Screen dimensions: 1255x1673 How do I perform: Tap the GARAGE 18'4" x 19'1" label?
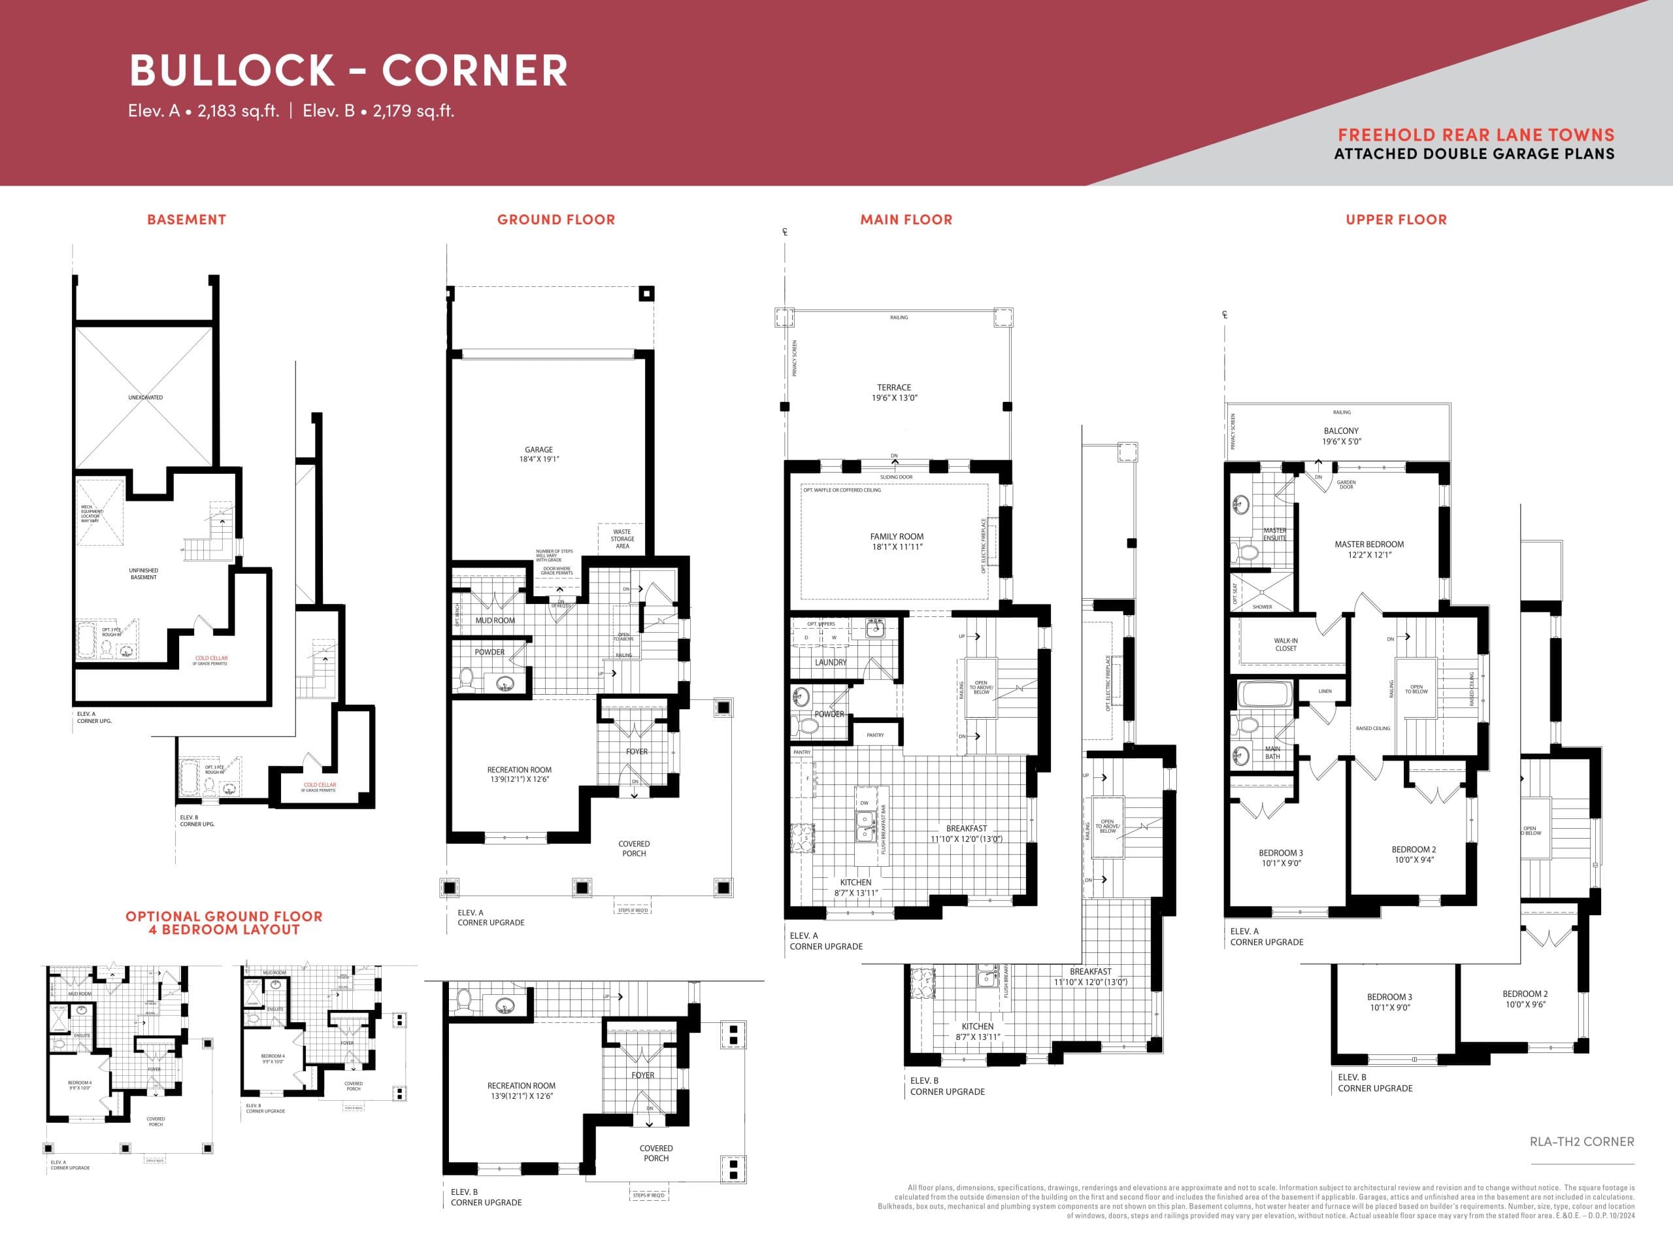click(x=538, y=454)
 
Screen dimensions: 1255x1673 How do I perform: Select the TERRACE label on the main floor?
click(x=894, y=392)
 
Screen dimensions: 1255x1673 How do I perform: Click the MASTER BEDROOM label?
click(x=1369, y=549)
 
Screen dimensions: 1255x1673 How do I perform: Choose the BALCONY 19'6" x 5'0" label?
click(x=1341, y=436)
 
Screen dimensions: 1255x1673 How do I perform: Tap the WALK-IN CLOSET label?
click(x=1285, y=644)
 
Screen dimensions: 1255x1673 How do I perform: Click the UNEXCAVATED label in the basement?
click(x=145, y=397)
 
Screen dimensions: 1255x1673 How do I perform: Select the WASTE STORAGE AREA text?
click(x=622, y=539)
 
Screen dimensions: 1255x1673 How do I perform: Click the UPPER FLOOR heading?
click(x=1395, y=220)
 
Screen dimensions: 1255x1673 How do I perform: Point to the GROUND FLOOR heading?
click(x=556, y=220)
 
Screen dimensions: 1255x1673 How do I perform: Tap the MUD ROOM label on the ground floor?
click(x=495, y=620)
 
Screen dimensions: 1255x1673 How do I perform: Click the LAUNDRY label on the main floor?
click(x=831, y=662)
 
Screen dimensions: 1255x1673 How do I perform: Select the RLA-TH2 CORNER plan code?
click(x=1582, y=1141)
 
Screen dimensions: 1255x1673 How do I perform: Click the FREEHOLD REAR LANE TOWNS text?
click(x=1476, y=135)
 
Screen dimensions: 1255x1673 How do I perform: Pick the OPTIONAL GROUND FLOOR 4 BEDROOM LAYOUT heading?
click(x=224, y=922)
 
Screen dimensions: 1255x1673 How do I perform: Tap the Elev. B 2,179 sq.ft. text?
click(x=378, y=110)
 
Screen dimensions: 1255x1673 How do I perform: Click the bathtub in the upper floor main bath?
click(x=1265, y=694)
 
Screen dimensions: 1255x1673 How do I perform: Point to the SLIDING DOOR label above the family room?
click(x=896, y=477)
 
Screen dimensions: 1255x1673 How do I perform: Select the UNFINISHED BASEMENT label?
click(x=143, y=573)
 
